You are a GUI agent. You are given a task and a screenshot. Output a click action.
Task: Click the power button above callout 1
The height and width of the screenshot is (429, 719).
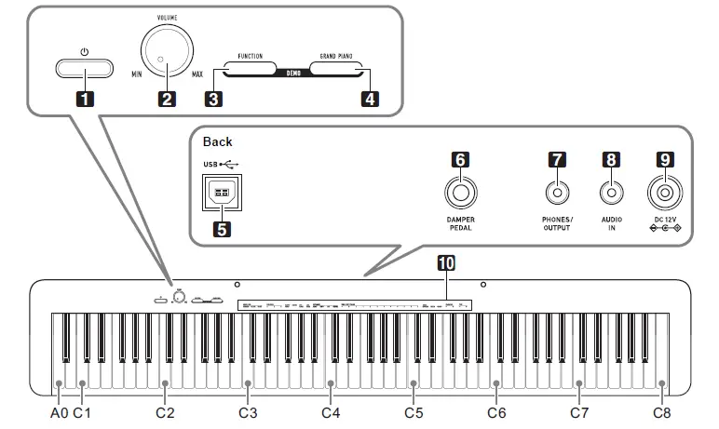[x=85, y=68]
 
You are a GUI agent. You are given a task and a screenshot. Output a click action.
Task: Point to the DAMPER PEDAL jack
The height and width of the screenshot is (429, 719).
[x=460, y=194]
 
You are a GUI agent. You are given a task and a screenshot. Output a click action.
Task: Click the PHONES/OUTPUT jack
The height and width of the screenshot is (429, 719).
[x=557, y=194]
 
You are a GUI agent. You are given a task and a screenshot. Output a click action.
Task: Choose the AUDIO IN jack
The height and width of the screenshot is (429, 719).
[x=611, y=194]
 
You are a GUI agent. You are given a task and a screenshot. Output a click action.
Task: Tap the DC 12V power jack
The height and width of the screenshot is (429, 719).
[x=665, y=194]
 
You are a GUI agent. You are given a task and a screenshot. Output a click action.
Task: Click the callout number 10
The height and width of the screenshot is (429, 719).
[x=447, y=264]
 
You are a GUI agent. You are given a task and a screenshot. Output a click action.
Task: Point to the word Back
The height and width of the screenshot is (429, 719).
[x=218, y=142]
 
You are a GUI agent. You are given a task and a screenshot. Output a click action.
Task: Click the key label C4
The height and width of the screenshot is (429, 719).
[x=331, y=410]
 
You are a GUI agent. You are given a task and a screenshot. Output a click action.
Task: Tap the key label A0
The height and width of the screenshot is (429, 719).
[x=60, y=410]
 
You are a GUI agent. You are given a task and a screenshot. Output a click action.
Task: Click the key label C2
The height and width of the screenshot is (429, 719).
[x=165, y=410]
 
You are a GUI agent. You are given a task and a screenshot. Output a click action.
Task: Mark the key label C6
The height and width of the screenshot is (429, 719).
[x=496, y=410]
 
